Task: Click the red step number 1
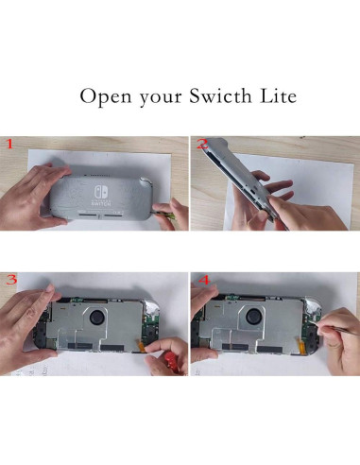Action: pyautogui.click(x=9, y=145)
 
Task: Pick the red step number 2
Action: pyautogui.click(x=201, y=145)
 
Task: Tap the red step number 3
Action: pyautogui.click(x=11, y=280)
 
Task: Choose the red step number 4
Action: pyautogui.click(x=202, y=280)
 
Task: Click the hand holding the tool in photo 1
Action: pyautogui.click(x=170, y=213)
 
